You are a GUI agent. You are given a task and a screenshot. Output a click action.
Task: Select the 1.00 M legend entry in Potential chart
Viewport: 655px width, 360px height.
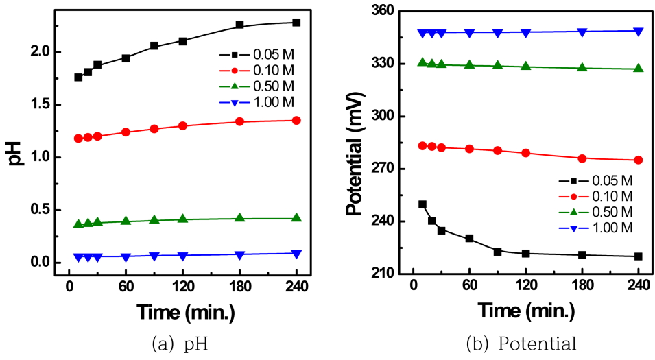[x=614, y=227]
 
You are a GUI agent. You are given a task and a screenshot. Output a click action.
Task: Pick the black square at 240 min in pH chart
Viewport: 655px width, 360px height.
[x=296, y=23]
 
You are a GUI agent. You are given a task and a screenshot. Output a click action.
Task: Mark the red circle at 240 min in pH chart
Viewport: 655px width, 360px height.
[x=296, y=121]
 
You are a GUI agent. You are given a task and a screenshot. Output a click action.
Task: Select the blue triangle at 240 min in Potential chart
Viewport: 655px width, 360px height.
[x=639, y=32]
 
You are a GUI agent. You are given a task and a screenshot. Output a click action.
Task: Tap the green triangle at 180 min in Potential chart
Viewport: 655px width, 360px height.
[x=582, y=68]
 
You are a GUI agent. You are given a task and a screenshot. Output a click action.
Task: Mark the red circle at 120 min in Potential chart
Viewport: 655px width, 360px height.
[x=525, y=153]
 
